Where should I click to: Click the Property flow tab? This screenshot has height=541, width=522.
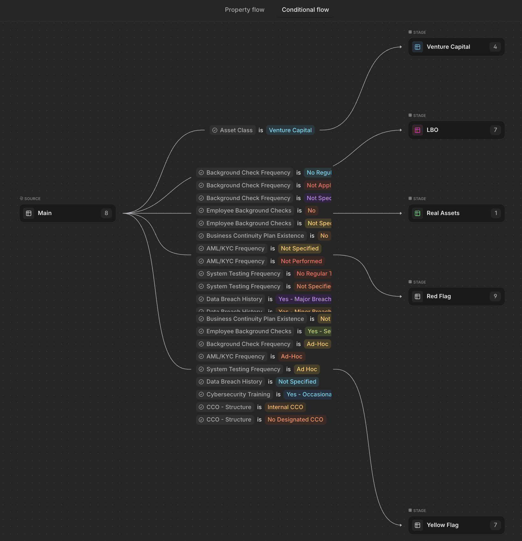[244, 10]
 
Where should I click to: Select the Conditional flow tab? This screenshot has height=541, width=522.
[305, 10]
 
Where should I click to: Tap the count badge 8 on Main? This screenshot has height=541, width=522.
[106, 213]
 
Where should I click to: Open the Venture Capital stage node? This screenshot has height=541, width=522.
[456, 47]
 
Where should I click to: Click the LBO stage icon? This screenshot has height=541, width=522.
[418, 130]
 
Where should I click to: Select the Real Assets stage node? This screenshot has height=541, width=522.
[456, 213]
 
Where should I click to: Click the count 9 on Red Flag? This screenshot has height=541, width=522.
[495, 296]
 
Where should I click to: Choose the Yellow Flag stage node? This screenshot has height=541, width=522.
[456, 525]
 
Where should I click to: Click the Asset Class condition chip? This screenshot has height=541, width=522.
[233, 130]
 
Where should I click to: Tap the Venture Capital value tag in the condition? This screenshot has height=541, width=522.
[290, 130]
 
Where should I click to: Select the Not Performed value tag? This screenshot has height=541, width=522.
[301, 261]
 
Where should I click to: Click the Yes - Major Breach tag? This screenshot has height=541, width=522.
[304, 299]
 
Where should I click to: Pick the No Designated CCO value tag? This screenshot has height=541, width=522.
[295, 420]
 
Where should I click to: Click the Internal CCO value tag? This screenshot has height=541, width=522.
[285, 407]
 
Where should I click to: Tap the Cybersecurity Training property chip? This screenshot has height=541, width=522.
[235, 394]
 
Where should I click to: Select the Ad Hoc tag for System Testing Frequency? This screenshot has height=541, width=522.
[307, 369]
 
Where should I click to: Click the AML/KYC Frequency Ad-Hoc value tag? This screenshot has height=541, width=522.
[292, 357]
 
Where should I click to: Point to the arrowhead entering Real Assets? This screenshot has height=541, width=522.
[401, 213]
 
